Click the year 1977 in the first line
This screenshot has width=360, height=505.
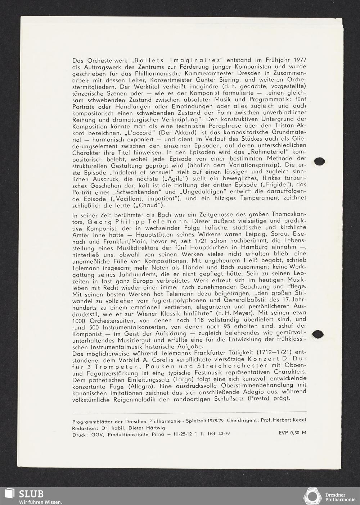click(300, 60)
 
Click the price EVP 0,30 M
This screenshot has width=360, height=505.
click(292, 433)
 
